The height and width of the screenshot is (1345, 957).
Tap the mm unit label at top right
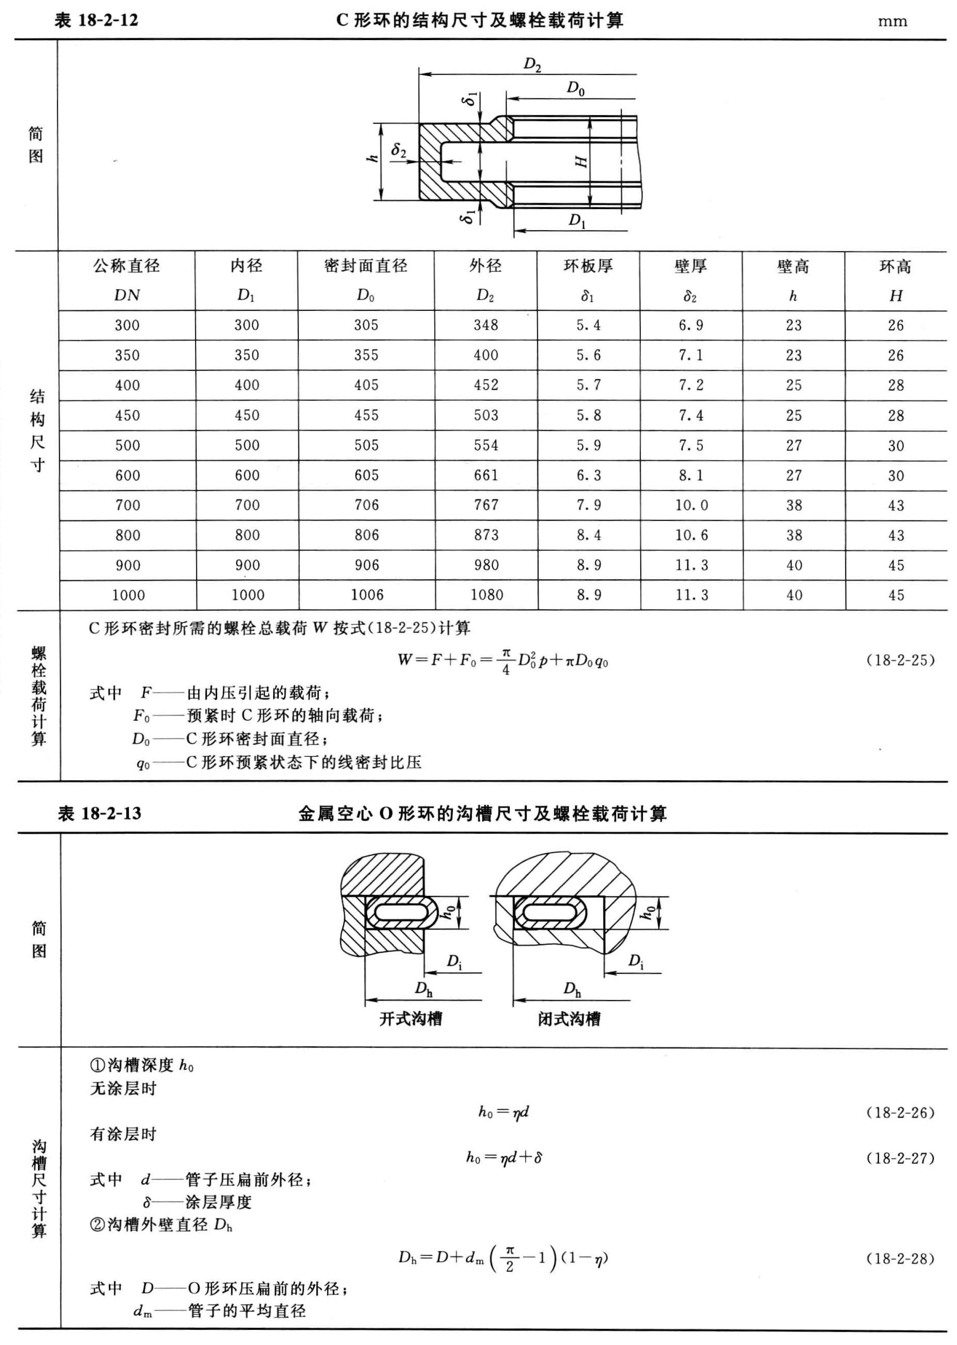(x=892, y=22)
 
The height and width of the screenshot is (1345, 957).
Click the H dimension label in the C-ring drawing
(x=582, y=160)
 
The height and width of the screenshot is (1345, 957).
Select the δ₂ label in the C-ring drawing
(x=399, y=151)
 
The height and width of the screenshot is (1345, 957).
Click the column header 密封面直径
(x=365, y=266)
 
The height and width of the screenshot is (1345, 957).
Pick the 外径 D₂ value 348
(x=486, y=325)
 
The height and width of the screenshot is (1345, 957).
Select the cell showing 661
(x=486, y=475)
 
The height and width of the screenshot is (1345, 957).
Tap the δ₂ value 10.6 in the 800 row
(x=691, y=535)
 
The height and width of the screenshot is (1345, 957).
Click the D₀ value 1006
(x=367, y=595)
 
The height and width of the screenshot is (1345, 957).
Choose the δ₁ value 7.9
(x=588, y=505)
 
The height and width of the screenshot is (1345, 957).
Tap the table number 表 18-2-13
(x=100, y=814)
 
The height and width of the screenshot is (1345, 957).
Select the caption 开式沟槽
(x=411, y=1019)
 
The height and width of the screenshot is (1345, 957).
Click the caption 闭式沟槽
(x=569, y=1019)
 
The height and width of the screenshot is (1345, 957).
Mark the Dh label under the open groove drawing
(x=424, y=988)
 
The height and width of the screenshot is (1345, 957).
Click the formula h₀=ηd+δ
(x=504, y=1157)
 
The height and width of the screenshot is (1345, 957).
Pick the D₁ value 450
(x=246, y=416)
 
